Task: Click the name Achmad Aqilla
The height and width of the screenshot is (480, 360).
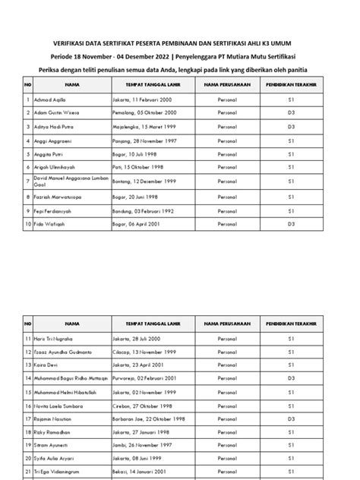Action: click(x=50, y=99)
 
